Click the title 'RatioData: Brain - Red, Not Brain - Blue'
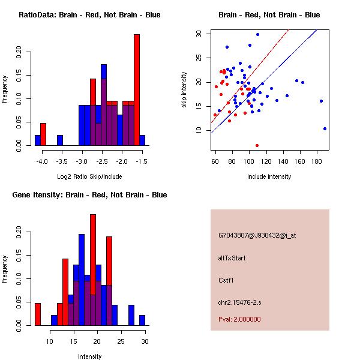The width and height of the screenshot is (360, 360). click(x=89, y=15)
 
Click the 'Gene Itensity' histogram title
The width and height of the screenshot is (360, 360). click(x=89, y=195)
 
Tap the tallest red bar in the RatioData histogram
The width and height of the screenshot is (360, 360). click(x=137, y=90)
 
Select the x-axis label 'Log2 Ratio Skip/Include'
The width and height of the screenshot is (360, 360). click(x=89, y=176)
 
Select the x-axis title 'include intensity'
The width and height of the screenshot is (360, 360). click(x=269, y=176)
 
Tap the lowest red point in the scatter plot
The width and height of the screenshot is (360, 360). click(x=257, y=145)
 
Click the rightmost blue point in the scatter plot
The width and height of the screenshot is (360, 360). click(x=325, y=128)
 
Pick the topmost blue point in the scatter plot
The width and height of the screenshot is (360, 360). click(x=257, y=34)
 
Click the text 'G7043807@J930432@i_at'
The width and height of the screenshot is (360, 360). click(x=257, y=235)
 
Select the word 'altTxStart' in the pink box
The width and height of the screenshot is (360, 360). click(x=232, y=258)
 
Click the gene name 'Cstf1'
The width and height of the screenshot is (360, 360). click(x=226, y=280)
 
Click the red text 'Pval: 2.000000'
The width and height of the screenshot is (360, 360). click(x=239, y=319)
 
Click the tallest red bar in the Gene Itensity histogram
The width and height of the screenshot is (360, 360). click(x=93, y=270)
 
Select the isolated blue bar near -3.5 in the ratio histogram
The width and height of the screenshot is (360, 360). click(x=60, y=140)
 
